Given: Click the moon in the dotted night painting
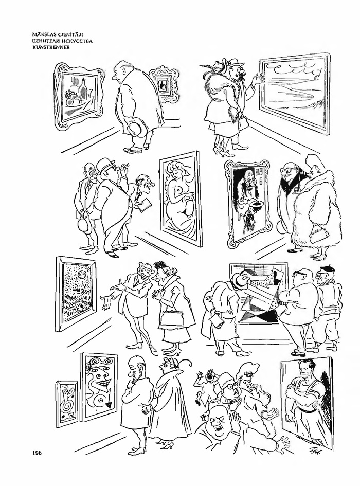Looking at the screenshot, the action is coord(82,274).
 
